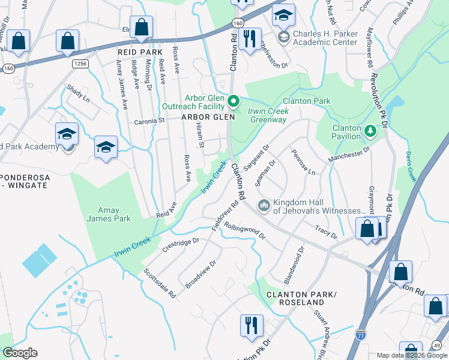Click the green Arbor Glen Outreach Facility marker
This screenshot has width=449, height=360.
click(235, 100)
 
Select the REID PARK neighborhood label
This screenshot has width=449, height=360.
click(140, 52)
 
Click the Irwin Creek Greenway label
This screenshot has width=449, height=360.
click(268, 115)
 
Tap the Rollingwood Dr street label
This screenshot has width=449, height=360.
click(244, 231)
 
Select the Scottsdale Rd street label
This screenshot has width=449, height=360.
click(159, 283)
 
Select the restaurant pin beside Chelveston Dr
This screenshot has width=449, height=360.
click(249, 39)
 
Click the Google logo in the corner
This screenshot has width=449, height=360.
click(20, 352)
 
